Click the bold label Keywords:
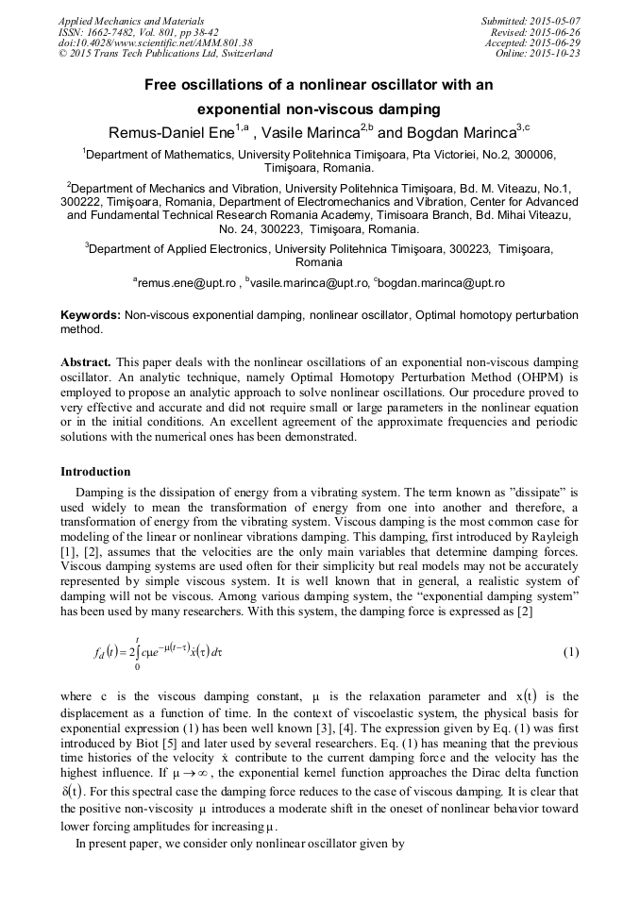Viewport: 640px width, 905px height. click(91, 314)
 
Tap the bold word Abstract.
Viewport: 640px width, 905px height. click(86, 363)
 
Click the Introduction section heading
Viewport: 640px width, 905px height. click(95, 472)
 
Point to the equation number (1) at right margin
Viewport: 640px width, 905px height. click(571, 653)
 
